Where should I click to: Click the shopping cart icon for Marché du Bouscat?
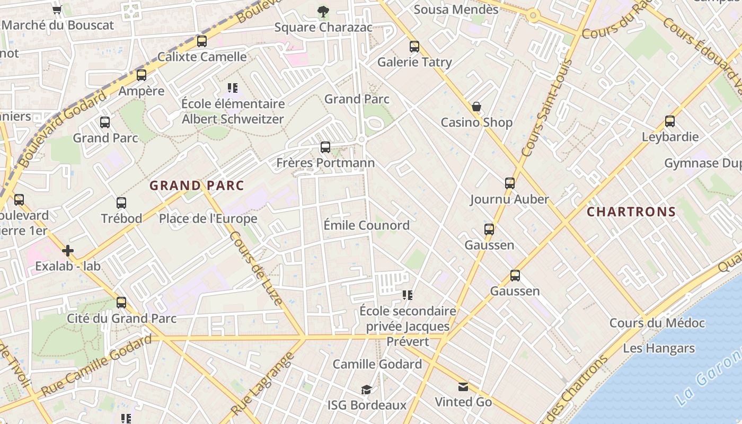tap(57, 9)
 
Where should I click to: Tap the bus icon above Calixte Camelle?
tap(201, 41)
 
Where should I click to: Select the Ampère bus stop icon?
tap(141, 75)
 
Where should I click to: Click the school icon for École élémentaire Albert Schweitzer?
tap(232, 87)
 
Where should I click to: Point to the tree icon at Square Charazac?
tap(323, 11)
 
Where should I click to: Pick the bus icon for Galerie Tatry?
tap(414, 47)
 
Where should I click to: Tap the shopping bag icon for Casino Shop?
tap(476, 107)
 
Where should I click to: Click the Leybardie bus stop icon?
tap(670, 121)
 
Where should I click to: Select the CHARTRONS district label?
tap(631, 212)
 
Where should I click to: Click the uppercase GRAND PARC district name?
tap(197, 185)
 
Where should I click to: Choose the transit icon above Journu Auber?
tap(509, 183)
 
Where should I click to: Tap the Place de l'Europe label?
tap(208, 218)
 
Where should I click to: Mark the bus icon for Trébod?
tap(121, 202)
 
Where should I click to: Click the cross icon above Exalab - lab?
tap(68, 251)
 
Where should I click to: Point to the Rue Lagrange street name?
tap(263, 384)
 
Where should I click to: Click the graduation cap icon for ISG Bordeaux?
tap(366, 390)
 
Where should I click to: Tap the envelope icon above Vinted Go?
tap(463, 387)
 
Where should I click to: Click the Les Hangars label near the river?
tap(658, 348)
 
